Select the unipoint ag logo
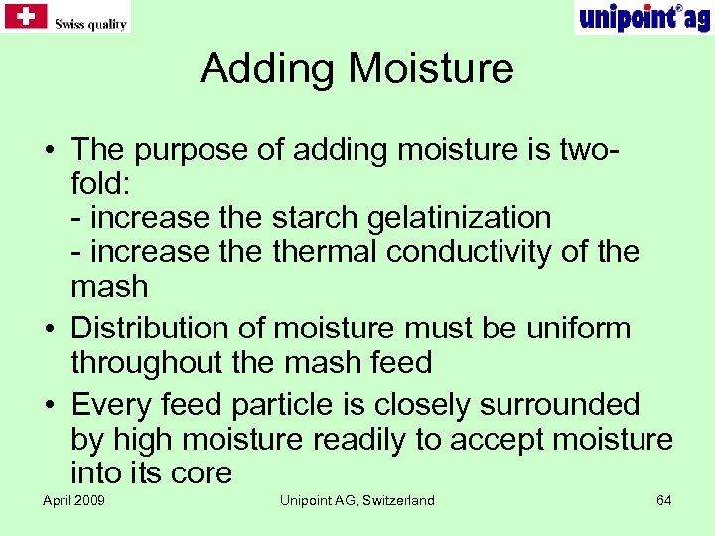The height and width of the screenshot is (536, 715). point(643,17)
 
